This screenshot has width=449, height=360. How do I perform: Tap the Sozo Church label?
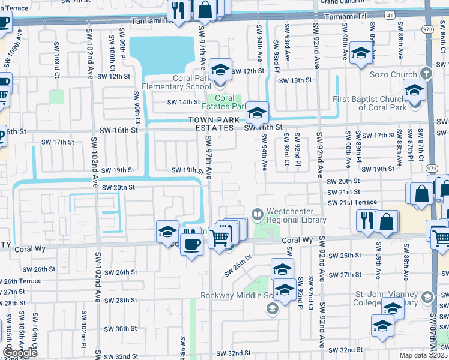tap(393, 74)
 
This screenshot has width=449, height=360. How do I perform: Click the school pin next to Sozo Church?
tap(414, 91)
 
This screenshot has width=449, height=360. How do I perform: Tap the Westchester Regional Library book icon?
tap(258, 214)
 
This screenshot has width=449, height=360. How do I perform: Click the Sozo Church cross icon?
tap(426, 74)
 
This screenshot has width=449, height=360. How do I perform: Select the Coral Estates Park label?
tap(228, 102)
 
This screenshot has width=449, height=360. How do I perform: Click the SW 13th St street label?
tap(297, 80)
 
